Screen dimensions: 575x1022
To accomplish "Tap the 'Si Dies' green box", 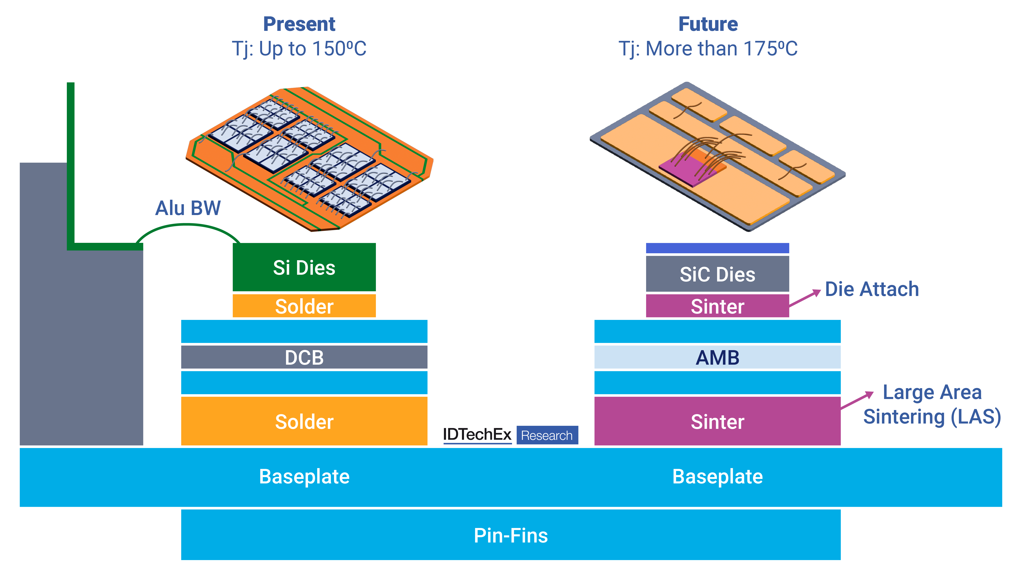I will [304, 267].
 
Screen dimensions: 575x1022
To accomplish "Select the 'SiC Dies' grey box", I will [717, 274].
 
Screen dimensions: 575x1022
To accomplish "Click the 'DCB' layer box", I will [304, 357].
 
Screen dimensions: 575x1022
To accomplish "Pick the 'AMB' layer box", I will [717, 357].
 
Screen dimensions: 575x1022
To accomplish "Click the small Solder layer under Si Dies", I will [304, 306].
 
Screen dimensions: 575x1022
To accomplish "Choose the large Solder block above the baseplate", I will [304, 421].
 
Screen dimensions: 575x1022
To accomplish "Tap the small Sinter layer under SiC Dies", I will [717, 306].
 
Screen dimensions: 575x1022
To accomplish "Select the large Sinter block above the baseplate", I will [717, 421].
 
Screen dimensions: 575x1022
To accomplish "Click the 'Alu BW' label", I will [188, 208].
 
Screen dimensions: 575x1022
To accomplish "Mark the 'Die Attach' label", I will [872, 289].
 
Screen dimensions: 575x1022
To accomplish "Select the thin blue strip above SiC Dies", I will [717, 248].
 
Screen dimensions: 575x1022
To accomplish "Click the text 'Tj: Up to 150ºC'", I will [299, 49].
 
